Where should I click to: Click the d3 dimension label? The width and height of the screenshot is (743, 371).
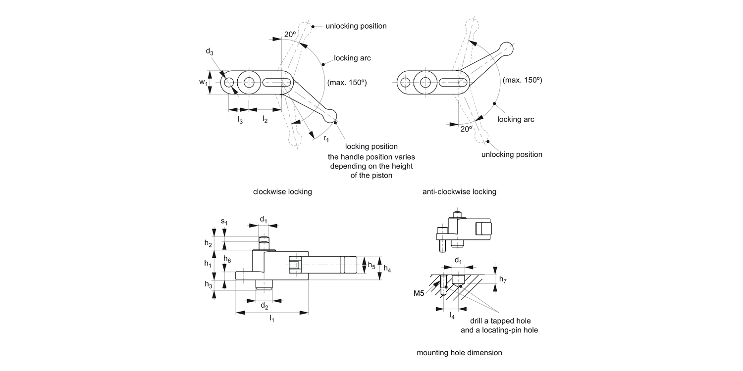click(210, 53)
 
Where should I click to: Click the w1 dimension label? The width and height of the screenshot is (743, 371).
click(203, 83)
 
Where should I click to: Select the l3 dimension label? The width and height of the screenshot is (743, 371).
click(240, 120)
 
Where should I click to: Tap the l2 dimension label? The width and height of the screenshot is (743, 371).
click(265, 120)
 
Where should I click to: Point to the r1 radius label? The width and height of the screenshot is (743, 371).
click(326, 138)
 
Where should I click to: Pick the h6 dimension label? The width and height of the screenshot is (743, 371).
click(227, 259)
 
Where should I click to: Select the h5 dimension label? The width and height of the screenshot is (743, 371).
click(371, 265)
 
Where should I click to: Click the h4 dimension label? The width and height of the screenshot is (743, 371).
click(387, 269)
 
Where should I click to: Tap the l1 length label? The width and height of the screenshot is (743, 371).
click(271, 319)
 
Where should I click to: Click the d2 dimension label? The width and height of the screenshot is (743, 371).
click(265, 306)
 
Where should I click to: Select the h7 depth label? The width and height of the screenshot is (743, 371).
click(503, 279)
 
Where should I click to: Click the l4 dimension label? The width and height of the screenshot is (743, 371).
click(452, 315)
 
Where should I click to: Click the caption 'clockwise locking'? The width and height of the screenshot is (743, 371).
click(282, 191)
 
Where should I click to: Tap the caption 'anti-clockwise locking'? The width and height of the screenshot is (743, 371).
click(459, 191)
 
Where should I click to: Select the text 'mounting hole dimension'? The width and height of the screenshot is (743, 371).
click(459, 353)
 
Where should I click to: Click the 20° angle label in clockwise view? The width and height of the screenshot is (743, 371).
click(290, 34)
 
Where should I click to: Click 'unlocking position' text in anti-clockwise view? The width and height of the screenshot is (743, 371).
click(512, 154)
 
